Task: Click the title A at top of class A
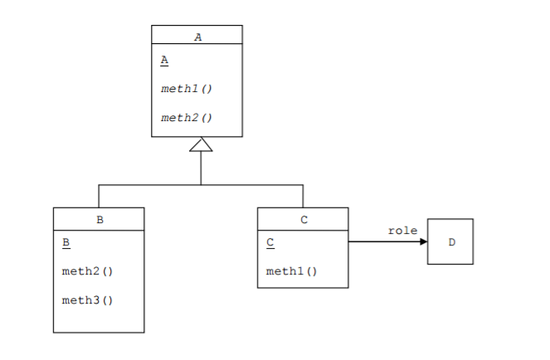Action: [197, 36]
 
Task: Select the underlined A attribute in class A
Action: [164, 61]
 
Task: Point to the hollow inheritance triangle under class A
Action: [201, 145]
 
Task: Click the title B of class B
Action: [100, 220]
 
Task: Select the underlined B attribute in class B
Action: [66, 243]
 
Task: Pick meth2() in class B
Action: [87, 271]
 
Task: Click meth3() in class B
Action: [87, 300]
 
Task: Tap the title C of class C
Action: [304, 220]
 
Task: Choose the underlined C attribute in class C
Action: [270, 243]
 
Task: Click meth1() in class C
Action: [291, 271]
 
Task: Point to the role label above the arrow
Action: [402, 230]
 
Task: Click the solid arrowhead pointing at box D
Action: [423, 242]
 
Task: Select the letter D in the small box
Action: [451, 242]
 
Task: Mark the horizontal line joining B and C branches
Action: [149, 185]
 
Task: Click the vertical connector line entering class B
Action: [99, 197]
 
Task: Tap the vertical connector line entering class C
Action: [303, 197]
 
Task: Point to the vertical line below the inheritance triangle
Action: [202, 168]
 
